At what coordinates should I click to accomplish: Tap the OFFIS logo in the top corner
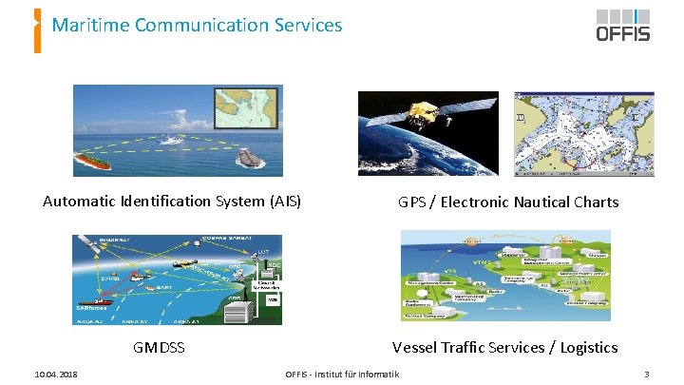pos(622,26)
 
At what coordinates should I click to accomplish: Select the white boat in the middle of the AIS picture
pos(172,139)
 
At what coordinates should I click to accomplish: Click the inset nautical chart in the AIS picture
pos(246,108)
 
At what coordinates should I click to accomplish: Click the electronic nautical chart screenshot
pos(583,133)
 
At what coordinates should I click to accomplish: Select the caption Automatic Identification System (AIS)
pos(172,202)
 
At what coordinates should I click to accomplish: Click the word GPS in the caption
pos(412,202)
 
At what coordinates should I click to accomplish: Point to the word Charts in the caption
pos(596,202)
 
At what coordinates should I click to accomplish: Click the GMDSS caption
pos(159,348)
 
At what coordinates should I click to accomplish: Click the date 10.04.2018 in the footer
pos(53,375)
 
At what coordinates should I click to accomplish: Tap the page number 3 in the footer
pos(646,375)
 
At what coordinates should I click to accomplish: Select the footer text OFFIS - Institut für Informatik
pos(343,375)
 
